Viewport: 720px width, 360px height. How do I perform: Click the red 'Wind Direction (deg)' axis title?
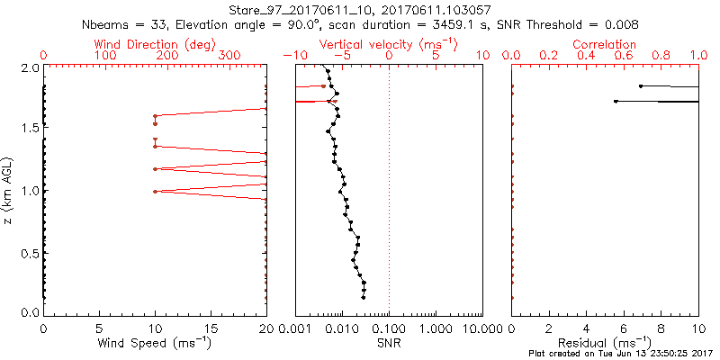click(x=155, y=44)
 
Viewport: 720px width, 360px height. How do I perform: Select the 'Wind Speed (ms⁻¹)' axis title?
click(x=155, y=344)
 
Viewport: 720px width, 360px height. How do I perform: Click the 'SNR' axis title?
click(x=389, y=344)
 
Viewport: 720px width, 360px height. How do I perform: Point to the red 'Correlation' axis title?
click(x=605, y=44)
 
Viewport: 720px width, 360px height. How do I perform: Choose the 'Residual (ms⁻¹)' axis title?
click(x=605, y=344)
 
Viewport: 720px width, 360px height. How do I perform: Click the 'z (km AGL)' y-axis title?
click(x=9, y=190)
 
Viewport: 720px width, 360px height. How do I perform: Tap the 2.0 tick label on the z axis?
click(x=31, y=67)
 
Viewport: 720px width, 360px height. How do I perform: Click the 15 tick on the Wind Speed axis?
click(x=211, y=328)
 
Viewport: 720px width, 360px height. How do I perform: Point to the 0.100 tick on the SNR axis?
click(x=389, y=328)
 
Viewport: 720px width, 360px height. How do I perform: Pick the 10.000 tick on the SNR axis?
click(x=481, y=328)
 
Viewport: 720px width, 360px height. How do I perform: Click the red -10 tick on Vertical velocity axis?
click(x=293, y=56)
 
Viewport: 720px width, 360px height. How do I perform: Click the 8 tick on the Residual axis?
click(x=661, y=328)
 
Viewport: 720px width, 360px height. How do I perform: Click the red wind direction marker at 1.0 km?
click(x=155, y=191)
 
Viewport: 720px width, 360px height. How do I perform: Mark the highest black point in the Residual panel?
click(x=640, y=86)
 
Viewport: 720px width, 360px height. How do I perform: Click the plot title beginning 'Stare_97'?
click(x=360, y=9)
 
